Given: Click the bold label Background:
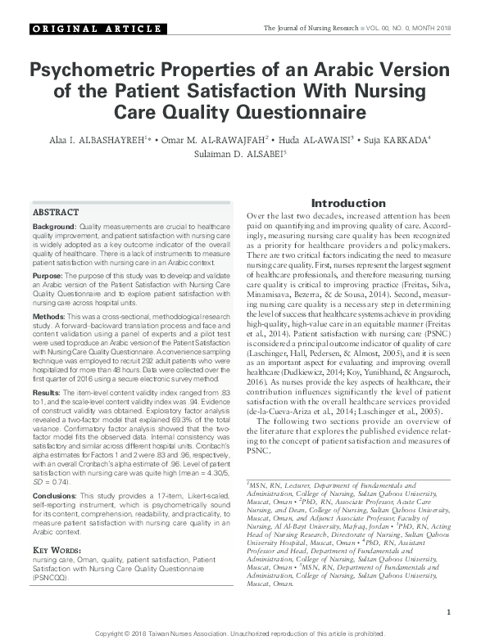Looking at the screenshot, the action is click(x=55, y=226).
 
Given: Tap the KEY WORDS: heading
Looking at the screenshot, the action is click(x=60, y=550).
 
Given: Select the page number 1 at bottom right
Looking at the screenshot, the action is click(x=449, y=612).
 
